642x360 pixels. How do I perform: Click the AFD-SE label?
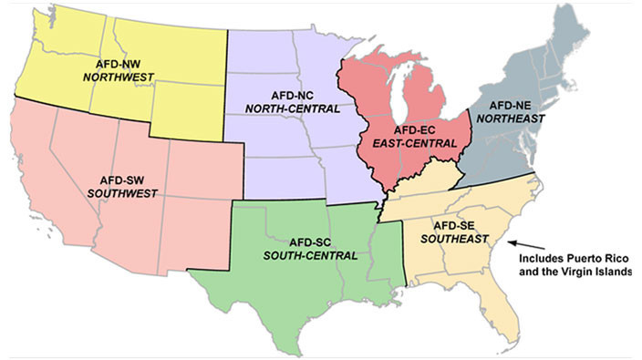[x=447, y=224]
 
